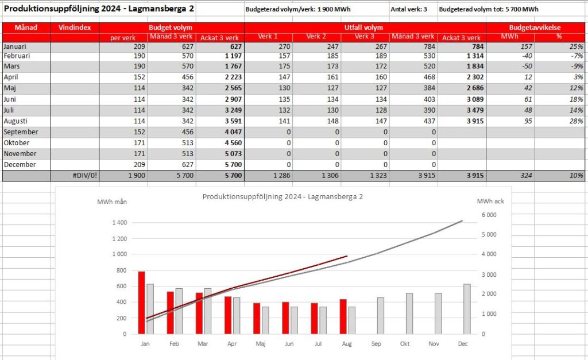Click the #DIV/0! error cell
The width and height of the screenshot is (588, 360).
[85, 175]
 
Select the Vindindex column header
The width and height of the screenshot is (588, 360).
[75, 28]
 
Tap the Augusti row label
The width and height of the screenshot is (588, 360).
[16, 121]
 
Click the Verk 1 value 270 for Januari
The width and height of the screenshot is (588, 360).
[285, 47]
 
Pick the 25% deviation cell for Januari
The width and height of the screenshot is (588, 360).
[576, 47]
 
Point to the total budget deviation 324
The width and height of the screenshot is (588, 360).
[526, 175]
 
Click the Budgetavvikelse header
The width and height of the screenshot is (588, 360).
[535, 28]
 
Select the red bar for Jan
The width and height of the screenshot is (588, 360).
[141, 303]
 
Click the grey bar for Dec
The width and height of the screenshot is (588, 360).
[467, 309]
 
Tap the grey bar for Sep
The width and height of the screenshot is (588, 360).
[381, 316]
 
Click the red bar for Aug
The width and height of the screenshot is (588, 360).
[343, 316]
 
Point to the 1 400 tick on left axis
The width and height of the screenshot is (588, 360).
[119, 222]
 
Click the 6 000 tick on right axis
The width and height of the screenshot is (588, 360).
[489, 215]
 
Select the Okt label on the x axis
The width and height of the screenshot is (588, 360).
[405, 343]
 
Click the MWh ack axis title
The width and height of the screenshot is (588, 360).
[490, 202]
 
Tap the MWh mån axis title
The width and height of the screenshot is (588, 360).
[112, 202]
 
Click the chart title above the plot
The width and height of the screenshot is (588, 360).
[283, 196]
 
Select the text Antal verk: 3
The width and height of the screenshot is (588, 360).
[409, 9]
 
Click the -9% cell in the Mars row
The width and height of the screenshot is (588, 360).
[577, 66]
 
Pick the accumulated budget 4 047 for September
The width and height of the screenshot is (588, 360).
[233, 132]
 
